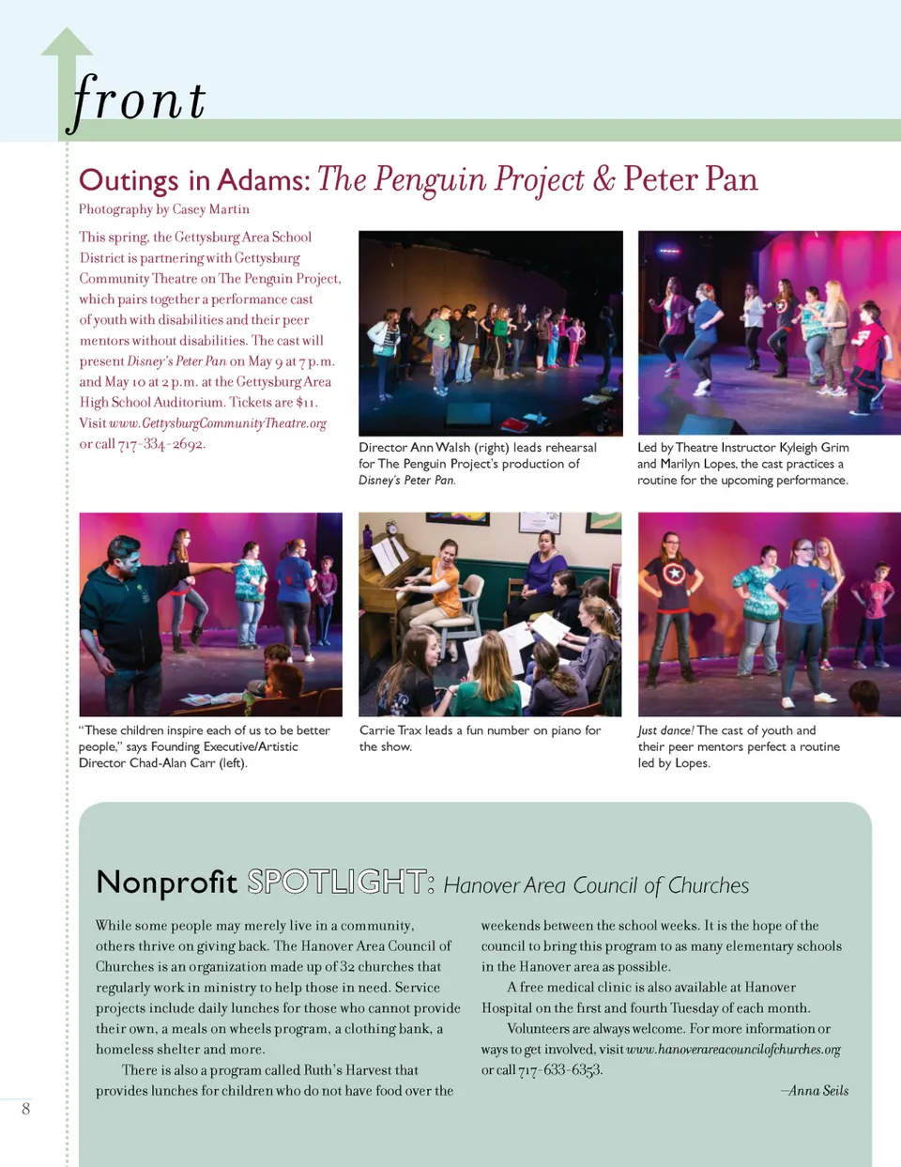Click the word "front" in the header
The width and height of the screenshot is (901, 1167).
point(139,100)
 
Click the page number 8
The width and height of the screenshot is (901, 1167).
point(25,1109)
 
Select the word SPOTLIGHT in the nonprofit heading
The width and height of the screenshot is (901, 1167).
point(340,882)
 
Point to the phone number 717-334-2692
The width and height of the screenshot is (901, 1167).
point(161,444)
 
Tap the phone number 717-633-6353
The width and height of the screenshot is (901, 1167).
point(560,1070)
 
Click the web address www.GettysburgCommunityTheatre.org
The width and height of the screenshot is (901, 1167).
point(218,423)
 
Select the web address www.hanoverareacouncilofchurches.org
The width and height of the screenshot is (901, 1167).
point(733,1050)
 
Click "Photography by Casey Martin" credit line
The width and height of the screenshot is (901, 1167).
point(164,209)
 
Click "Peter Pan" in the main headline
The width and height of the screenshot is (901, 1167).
point(690,178)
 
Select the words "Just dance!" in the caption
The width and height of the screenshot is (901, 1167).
point(665,730)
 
